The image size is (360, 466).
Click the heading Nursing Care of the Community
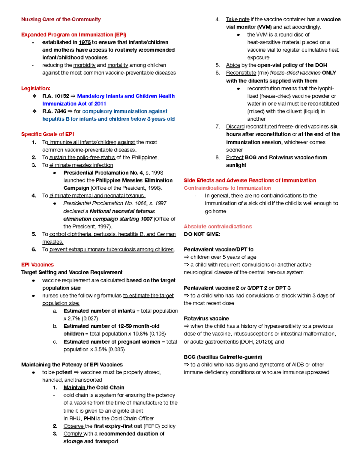61,20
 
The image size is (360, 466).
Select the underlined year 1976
85,42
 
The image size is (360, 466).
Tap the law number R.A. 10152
55,96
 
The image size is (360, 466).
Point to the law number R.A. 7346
54,111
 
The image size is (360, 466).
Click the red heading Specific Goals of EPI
47,134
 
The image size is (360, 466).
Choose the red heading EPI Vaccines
37,265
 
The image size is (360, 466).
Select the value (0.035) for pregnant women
116,349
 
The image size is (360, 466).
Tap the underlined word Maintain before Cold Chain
74,387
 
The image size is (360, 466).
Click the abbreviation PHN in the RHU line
89,418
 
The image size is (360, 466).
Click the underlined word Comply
73,434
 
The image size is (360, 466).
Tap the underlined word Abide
233,65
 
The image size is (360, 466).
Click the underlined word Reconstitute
241,73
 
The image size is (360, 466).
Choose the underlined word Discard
235,127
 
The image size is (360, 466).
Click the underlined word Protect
235,158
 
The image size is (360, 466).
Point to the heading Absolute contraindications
217,227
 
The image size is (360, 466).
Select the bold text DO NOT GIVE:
202,234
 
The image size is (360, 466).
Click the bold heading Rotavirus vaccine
206,318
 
